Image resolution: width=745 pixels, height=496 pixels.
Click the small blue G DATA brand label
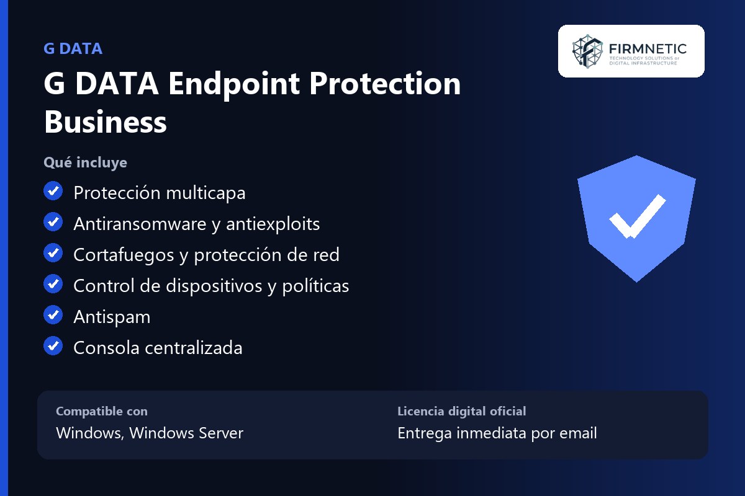73,48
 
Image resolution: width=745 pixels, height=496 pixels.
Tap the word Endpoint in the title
234,85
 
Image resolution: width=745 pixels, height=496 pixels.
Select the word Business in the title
105,122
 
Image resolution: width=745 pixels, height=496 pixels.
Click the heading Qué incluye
85,163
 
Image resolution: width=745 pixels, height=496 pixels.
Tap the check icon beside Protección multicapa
53,191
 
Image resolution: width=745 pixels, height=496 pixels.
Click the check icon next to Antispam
53,314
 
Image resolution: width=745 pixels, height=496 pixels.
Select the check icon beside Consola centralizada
53,345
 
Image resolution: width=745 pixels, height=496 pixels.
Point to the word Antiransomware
140,224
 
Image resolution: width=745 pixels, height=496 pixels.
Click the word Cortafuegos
124,255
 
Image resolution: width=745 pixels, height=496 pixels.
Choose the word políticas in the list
315,286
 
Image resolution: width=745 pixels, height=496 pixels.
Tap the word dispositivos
214,286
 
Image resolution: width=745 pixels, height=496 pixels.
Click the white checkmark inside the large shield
637,217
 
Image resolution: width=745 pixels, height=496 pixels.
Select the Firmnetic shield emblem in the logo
587,51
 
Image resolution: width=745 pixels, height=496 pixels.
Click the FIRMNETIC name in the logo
648,49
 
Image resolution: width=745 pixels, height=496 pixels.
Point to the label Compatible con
102,411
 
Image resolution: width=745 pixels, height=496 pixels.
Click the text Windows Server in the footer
186,433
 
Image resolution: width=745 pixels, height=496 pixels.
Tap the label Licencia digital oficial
462,411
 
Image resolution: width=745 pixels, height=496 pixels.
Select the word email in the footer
578,433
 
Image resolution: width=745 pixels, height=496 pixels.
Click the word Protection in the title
385,84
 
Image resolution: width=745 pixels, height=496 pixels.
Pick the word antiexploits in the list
273,224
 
